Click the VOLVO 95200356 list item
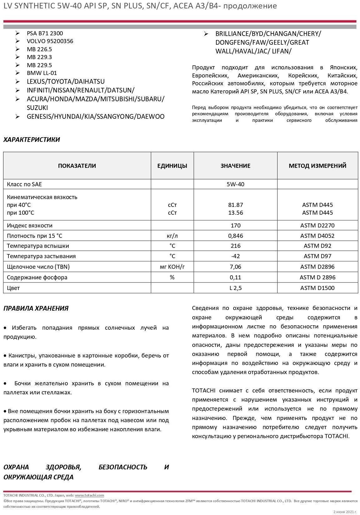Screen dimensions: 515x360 [50, 41]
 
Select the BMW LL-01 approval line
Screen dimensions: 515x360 [42, 73]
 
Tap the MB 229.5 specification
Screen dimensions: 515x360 [39, 65]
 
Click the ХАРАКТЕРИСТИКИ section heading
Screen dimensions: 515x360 [32, 140]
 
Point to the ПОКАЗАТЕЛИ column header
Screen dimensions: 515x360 [77, 166]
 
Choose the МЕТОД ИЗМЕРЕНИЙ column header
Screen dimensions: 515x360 [317, 166]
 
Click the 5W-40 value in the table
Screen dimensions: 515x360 [235, 184]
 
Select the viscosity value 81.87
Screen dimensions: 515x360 [235, 205]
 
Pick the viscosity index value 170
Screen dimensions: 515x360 [235, 226]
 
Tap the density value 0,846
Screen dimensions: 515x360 [235, 236]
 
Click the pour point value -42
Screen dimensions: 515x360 [235, 256]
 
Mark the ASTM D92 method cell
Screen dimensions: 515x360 [317, 246]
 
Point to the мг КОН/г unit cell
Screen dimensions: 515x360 [172, 267]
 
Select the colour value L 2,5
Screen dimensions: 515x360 [235, 288]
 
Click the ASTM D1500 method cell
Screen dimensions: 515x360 [317, 288]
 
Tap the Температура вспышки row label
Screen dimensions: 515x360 [38, 246]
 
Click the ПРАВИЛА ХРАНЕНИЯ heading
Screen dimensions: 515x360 [36, 308]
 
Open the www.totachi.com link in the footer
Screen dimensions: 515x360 [89, 495]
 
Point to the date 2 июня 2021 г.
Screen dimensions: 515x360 [344, 512]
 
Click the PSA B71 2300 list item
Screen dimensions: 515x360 [45, 33]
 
